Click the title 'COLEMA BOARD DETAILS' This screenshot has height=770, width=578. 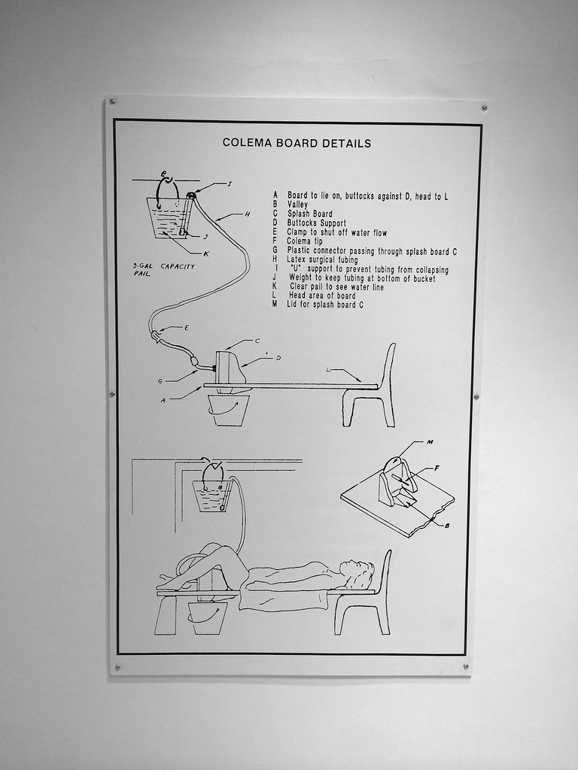297,143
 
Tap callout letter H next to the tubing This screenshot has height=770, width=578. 247,215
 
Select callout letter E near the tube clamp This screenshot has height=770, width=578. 186,328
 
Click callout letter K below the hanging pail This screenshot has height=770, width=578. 205,253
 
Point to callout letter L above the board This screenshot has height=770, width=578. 328,370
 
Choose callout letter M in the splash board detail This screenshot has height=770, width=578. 430,442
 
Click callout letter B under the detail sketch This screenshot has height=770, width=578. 447,526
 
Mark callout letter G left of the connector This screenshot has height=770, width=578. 160,381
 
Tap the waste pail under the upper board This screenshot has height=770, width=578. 228,411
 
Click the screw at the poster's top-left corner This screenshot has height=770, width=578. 112,101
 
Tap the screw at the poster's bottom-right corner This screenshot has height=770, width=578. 466,666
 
